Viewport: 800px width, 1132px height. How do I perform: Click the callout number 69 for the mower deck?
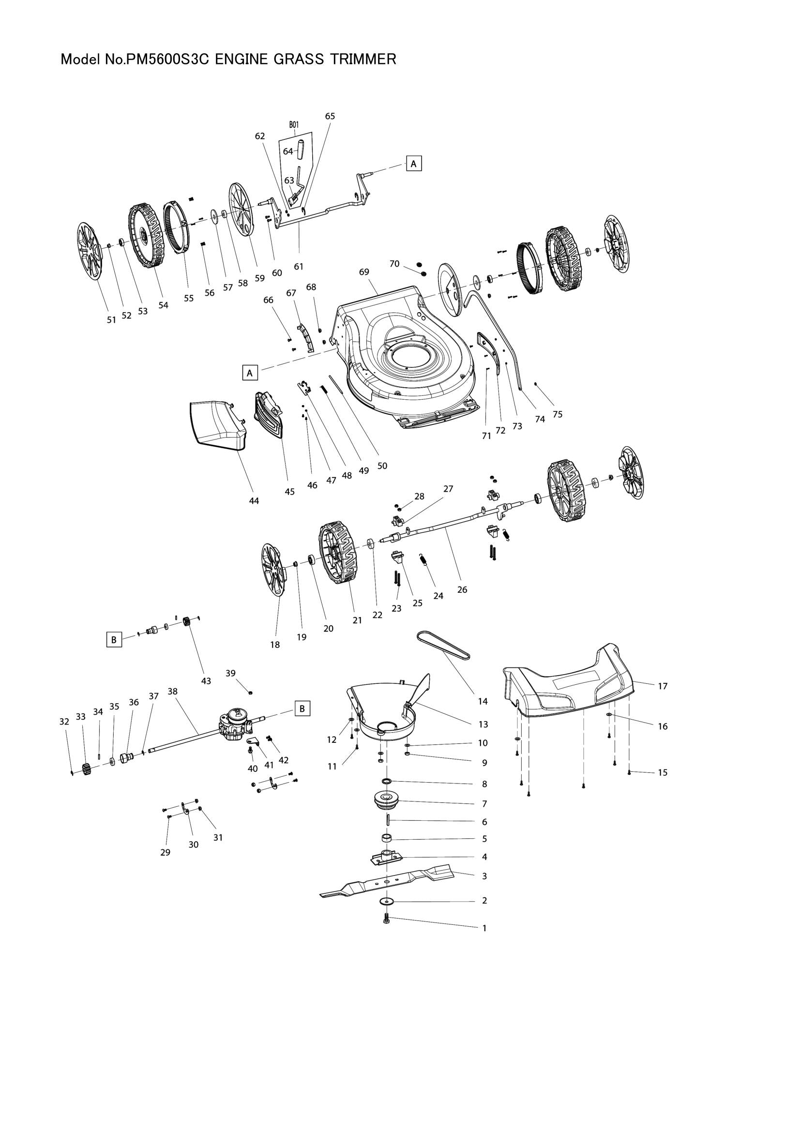point(364,272)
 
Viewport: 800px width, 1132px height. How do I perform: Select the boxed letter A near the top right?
point(414,163)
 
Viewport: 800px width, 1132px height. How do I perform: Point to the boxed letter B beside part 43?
point(114,640)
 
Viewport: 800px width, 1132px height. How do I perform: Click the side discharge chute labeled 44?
point(217,424)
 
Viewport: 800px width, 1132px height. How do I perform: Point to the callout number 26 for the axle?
point(462,589)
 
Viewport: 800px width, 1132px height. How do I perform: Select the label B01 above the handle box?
point(294,125)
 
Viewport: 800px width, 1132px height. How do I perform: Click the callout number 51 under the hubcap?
point(111,319)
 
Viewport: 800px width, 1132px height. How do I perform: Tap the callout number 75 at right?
point(557,414)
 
